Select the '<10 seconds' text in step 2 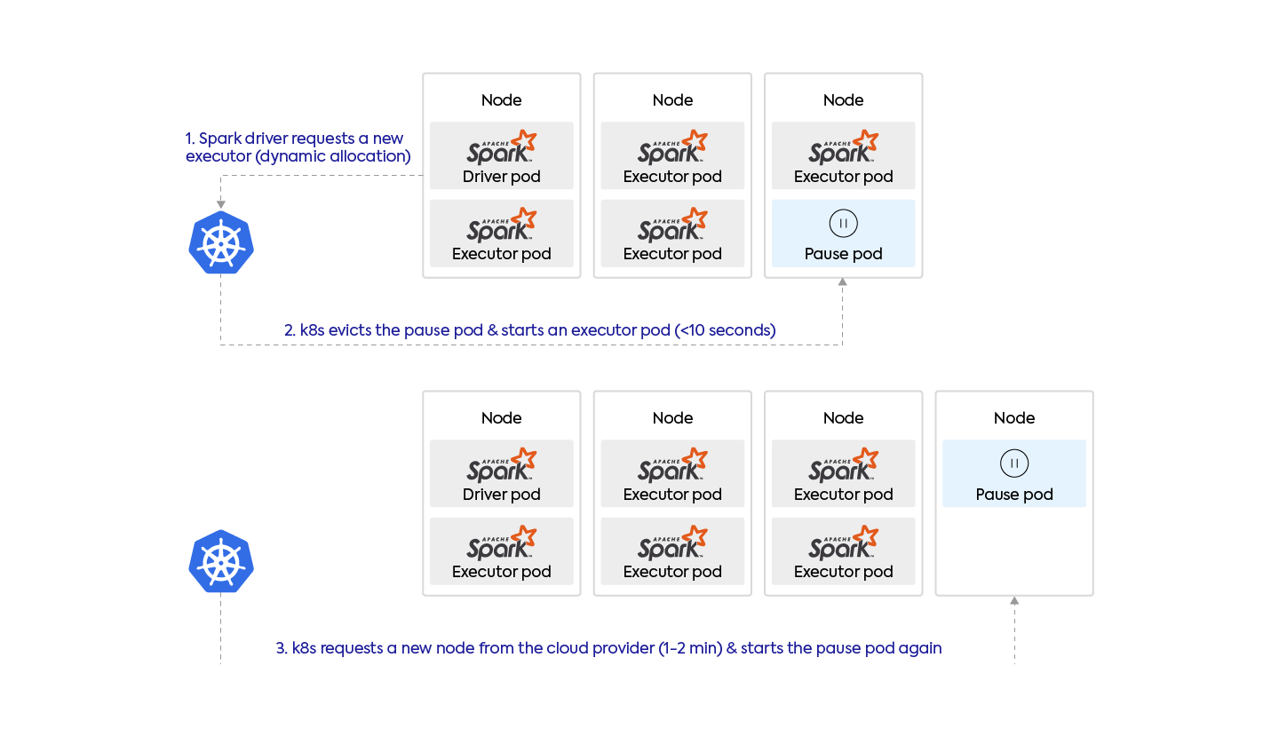click(726, 330)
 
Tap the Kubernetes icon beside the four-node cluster click(221, 562)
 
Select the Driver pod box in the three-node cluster click(502, 155)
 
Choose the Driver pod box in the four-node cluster click(502, 473)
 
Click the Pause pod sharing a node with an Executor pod click(843, 233)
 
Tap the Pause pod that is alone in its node click(1014, 473)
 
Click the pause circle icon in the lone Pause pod click(1014, 463)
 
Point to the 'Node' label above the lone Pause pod click(1014, 418)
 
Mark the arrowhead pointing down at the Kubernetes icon click(221, 205)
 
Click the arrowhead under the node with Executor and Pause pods click(843, 283)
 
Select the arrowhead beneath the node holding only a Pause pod click(1014, 601)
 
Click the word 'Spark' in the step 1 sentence click(218, 139)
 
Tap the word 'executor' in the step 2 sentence click(600, 330)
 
